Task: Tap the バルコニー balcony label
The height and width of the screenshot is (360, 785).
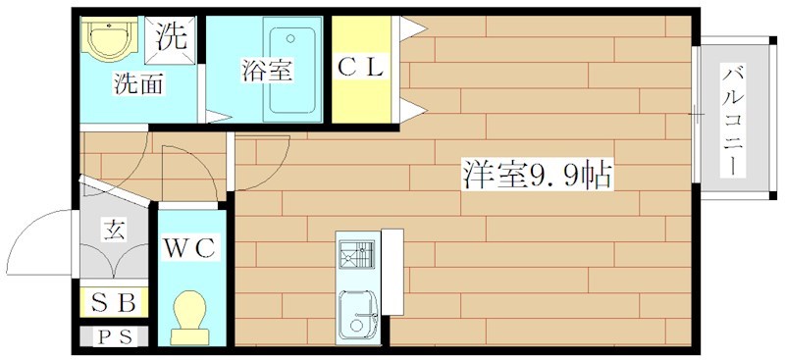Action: click(x=732, y=120)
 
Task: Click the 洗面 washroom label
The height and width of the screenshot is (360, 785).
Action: click(x=137, y=84)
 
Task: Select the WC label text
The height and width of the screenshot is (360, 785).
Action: click(x=189, y=247)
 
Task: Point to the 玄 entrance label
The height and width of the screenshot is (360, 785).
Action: click(x=114, y=231)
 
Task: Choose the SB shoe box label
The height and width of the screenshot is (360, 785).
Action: click(x=114, y=301)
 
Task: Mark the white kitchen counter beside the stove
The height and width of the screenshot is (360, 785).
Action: click(x=392, y=271)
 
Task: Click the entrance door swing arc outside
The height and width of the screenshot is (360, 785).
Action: click(x=39, y=235)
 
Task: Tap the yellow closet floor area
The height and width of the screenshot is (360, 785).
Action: click(x=362, y=98)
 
